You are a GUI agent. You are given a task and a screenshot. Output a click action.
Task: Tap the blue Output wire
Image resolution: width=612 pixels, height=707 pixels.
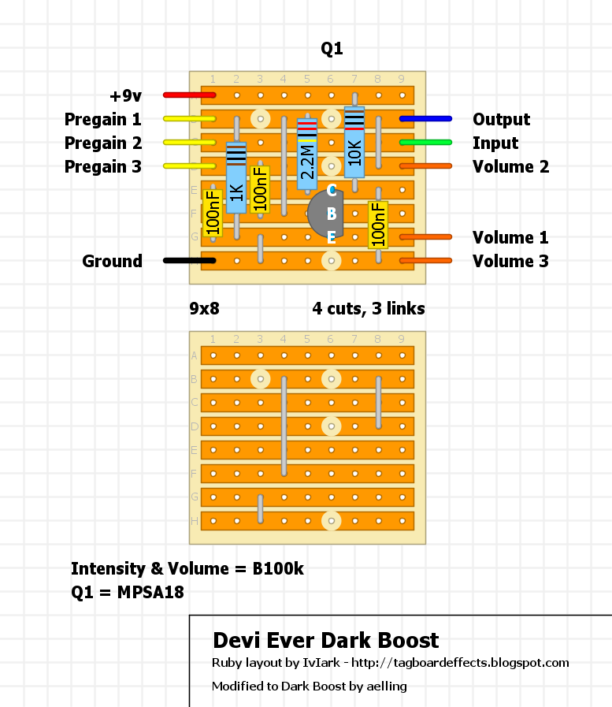[x=425, y=119]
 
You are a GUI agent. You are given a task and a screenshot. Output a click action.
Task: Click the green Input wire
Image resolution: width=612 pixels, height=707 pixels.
[x=425, y=143]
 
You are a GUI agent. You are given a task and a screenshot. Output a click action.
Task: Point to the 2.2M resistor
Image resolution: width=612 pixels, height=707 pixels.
[x=307, y=154]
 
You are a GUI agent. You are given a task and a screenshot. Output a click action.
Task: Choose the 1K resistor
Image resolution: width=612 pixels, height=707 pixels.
[x=236, y=178]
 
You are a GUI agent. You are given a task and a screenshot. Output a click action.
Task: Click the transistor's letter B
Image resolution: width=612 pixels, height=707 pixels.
[x=332, y=214]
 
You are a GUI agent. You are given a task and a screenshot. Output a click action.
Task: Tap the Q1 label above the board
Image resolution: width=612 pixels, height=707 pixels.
[x=332, y=50]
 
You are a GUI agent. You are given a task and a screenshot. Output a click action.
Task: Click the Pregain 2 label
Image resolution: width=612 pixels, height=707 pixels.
[x=103, y=143]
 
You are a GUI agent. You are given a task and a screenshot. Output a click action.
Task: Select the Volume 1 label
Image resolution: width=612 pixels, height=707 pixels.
[x=510, y=237]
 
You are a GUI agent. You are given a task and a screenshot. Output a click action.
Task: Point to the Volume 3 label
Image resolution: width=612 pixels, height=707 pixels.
[x=510, y=261]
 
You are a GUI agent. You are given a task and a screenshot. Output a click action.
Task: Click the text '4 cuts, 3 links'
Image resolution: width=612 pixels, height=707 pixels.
[x=369, y=309]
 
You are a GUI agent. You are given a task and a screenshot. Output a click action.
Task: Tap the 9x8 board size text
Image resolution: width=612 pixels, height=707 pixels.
[x=204, y=309]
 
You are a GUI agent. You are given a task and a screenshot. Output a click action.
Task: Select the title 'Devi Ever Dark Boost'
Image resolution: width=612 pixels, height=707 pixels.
[x=326, y=640]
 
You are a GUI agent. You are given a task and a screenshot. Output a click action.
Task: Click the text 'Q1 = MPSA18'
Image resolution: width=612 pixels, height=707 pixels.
[x=128, y=592]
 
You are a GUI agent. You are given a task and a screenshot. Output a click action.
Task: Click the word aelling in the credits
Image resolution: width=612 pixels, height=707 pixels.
[x=386, y=687]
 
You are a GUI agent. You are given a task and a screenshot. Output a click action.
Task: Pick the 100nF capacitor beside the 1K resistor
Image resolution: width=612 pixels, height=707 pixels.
[x=260, y=190]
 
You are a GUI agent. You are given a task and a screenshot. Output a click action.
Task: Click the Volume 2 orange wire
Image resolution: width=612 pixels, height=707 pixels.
[x=425, y=166]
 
